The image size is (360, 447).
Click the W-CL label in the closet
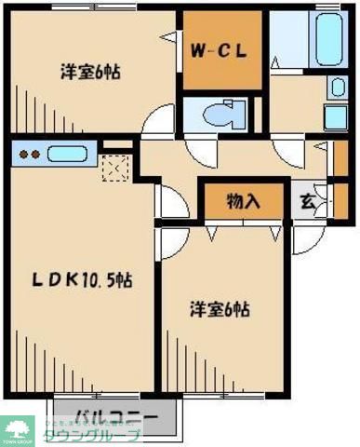pyautogui.click(x=220, y=52)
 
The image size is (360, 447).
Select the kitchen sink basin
pyautogui.click(x=67, y=155)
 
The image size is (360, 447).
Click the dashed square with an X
pyautogui.click(x=114, y=169)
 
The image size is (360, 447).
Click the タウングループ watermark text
pyautogui.click(x=103, y=436)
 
